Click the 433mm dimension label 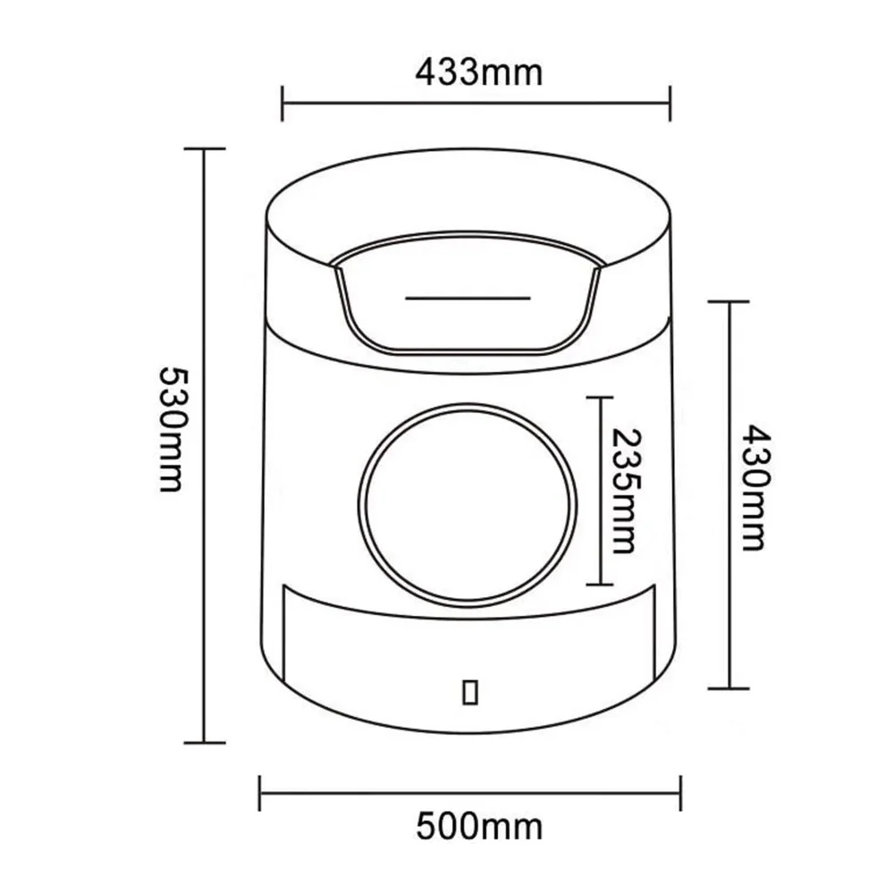478,72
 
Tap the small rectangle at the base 470,691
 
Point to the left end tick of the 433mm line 283,103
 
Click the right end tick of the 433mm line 670,103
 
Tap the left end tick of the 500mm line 259,792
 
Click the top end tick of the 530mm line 205,148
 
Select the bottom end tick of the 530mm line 205,741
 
